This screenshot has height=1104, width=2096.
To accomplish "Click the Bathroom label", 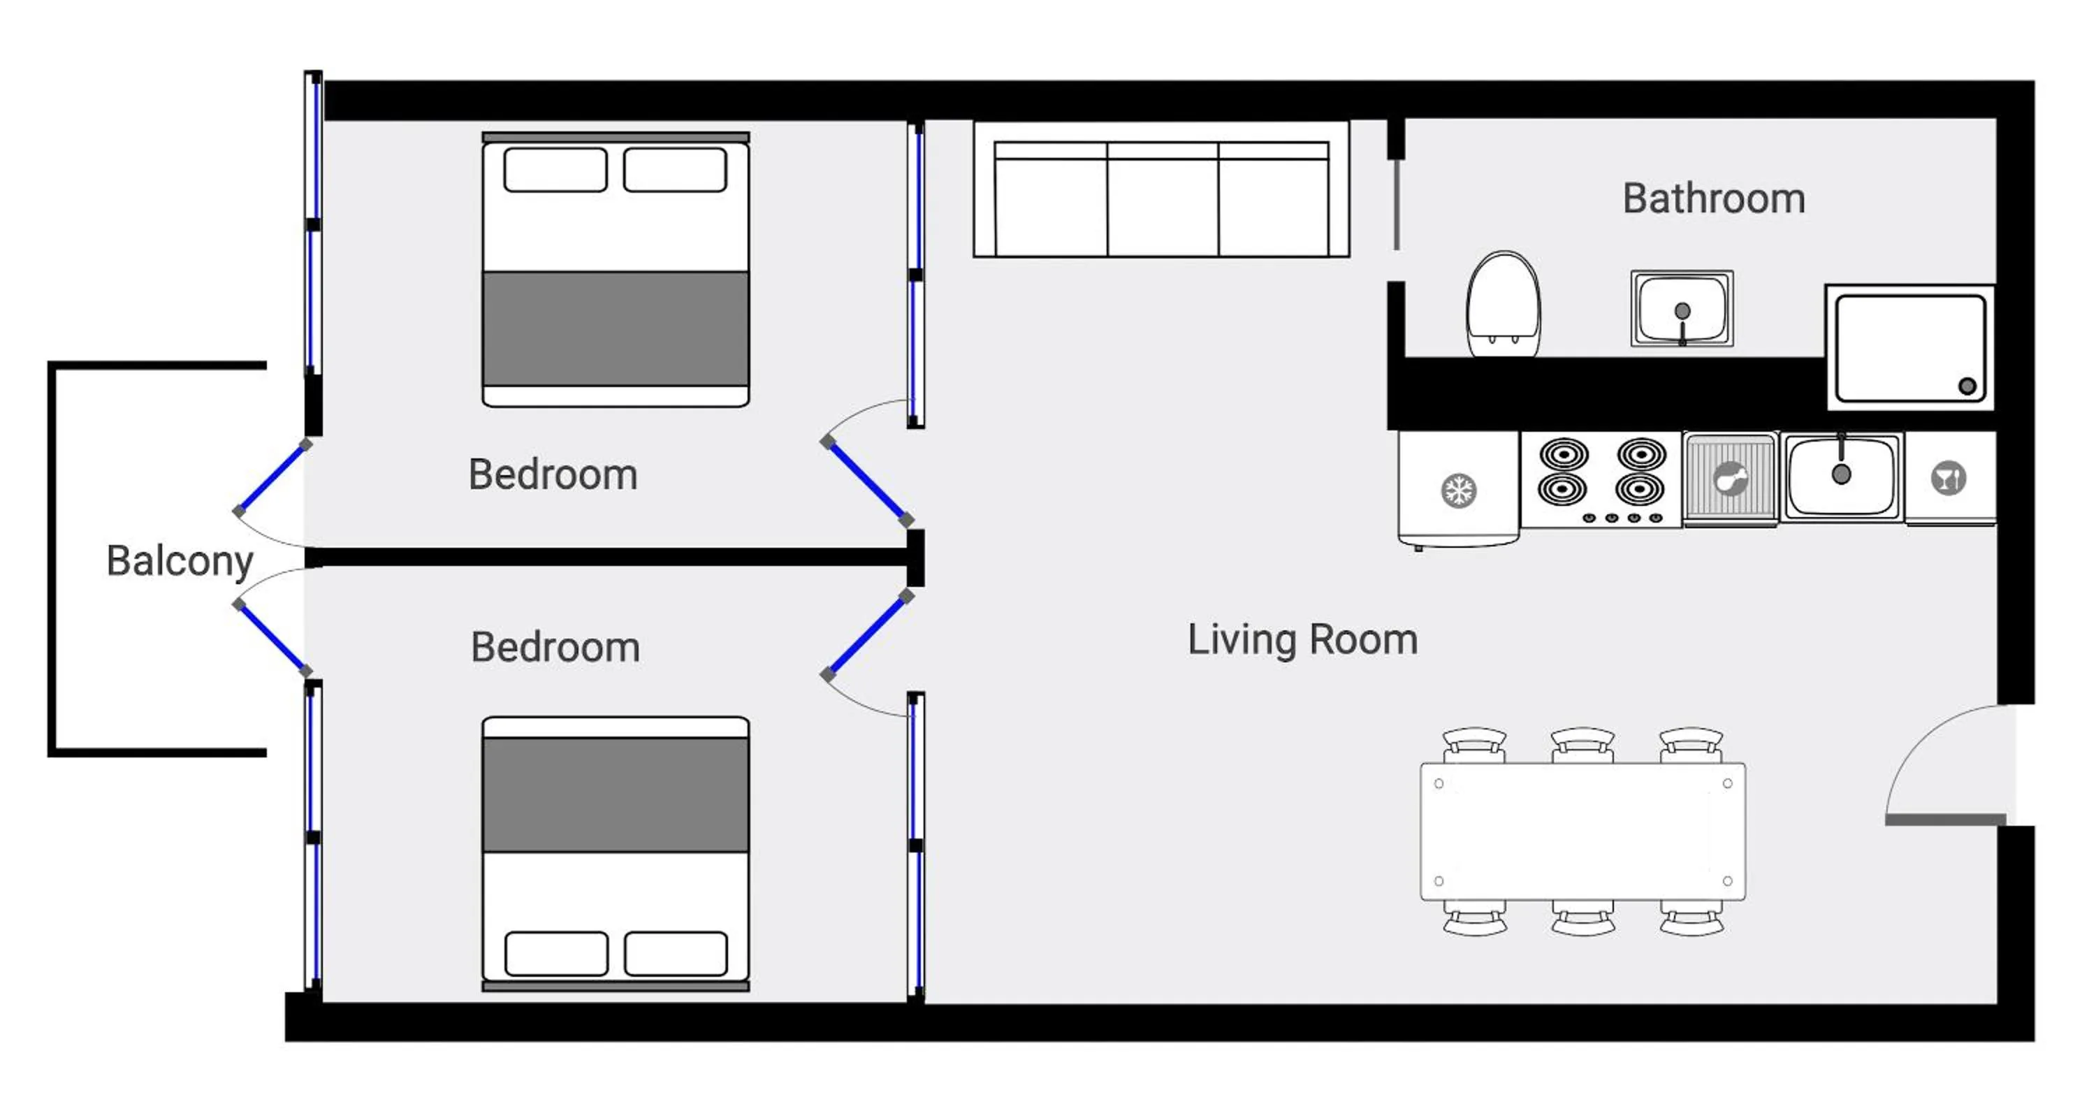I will [1714, 198].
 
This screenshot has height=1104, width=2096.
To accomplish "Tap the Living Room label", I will [1302, 639].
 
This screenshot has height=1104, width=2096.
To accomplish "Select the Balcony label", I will [180, 560].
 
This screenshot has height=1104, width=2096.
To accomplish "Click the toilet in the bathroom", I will [1503, 305].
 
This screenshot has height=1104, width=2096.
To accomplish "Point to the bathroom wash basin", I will [1682, 308].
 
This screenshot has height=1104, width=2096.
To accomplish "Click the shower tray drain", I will [1967, 386].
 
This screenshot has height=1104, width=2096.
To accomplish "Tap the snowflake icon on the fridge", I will [1458, 491].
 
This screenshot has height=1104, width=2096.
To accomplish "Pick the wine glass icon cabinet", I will [1949, 479].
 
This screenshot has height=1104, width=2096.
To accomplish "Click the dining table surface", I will [1582, 831].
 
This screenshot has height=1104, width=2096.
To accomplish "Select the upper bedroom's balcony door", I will [272, 479].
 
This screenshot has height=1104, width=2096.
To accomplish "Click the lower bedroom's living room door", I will [867, 635].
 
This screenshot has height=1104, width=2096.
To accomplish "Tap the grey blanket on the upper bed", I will [615, 328].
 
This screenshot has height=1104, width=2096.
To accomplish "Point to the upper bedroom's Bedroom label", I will [553, 474].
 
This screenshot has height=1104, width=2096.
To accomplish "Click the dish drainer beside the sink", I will [1730, 479].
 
